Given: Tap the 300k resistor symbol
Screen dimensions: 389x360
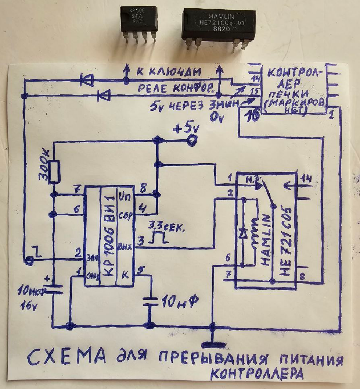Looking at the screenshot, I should pos(54,171).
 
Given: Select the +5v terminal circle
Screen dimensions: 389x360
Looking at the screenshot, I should pos(191,139).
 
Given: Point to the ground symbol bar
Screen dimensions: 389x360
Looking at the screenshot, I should pos(212,345).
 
